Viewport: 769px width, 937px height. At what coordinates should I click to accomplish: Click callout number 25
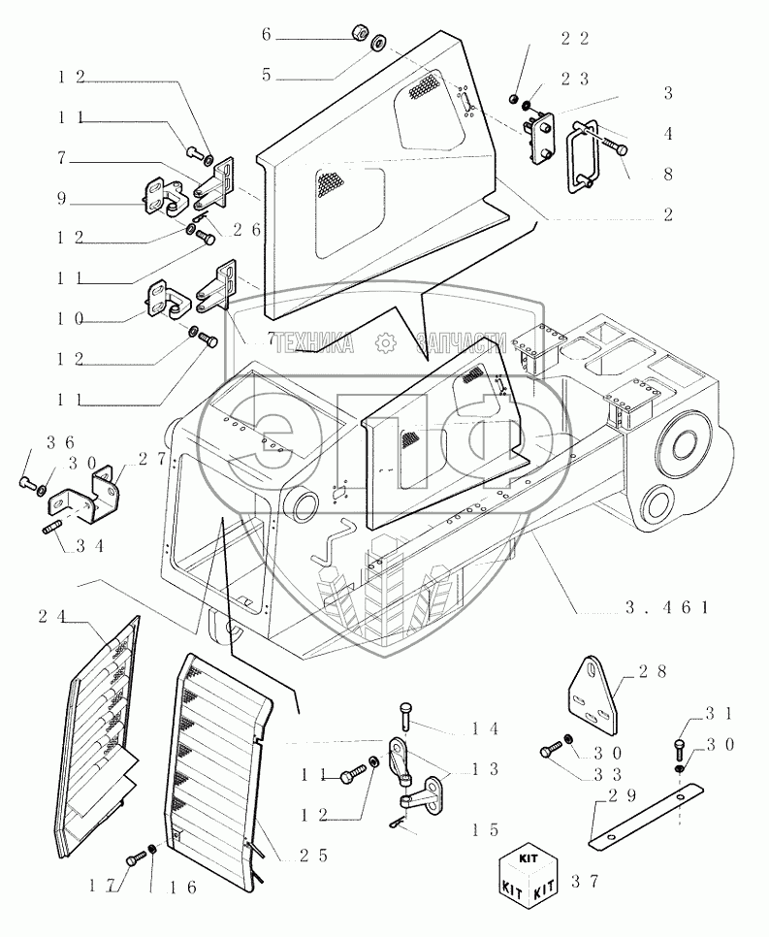click(299, 856)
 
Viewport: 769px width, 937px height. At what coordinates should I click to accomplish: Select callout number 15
click(485, 829)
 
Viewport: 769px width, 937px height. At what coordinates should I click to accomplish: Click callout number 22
click(575, 38)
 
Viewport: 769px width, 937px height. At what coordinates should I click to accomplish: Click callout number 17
click(107, 884)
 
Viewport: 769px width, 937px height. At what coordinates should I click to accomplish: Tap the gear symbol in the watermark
click(386, 341)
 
